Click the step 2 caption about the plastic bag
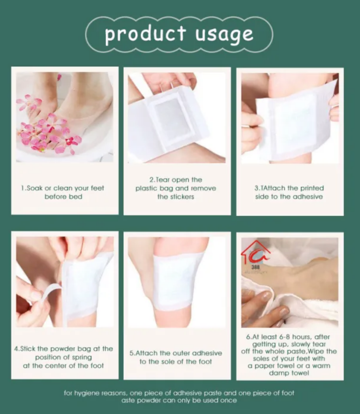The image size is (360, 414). [176, 188]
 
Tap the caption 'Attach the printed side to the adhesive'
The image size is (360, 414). [289, 192]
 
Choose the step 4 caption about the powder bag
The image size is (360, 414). [64, 357]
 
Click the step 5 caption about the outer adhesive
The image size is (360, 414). [176, 357]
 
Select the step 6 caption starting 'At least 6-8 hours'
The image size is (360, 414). [290, 355]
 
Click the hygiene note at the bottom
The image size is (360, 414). [179, 397]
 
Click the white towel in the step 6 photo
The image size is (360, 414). [308, 304]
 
